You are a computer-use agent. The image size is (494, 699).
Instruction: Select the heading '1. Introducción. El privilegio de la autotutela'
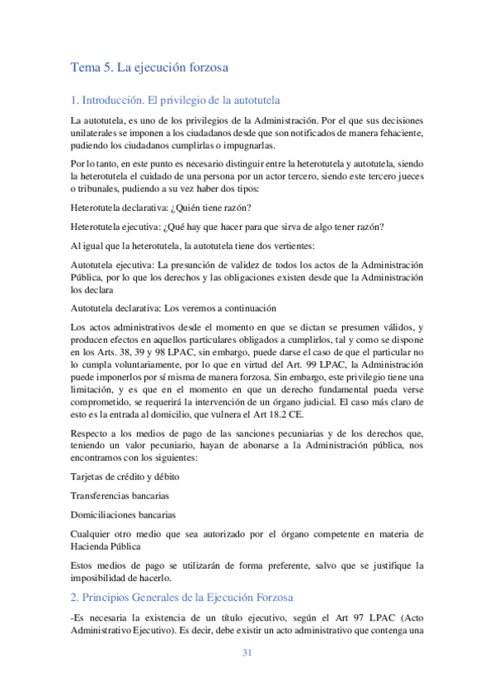pyautogui.click(x=176, y=100)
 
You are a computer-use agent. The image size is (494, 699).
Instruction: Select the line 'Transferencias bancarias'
pyautogui.click(x=120, y=495)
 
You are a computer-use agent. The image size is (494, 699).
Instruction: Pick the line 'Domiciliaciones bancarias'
pyautogui.click(x=123, y=514)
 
